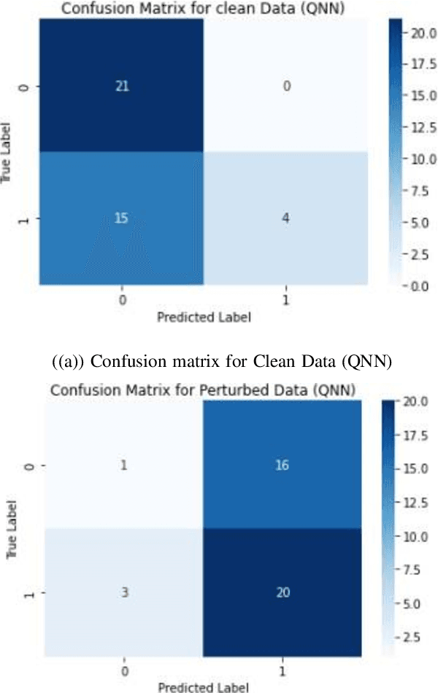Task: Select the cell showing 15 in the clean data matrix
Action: click(x=121, y=219)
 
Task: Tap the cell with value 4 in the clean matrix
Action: click(x=287, y=219)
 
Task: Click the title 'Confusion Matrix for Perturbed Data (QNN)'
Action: click(x=202, y=390)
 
